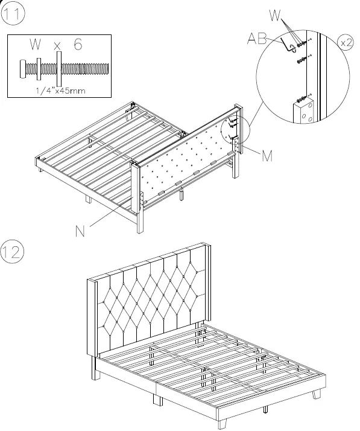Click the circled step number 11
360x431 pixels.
13,14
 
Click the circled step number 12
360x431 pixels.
13,252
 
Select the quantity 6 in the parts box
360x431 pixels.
78,45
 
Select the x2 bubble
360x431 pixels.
346,43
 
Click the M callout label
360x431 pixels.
267,156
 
